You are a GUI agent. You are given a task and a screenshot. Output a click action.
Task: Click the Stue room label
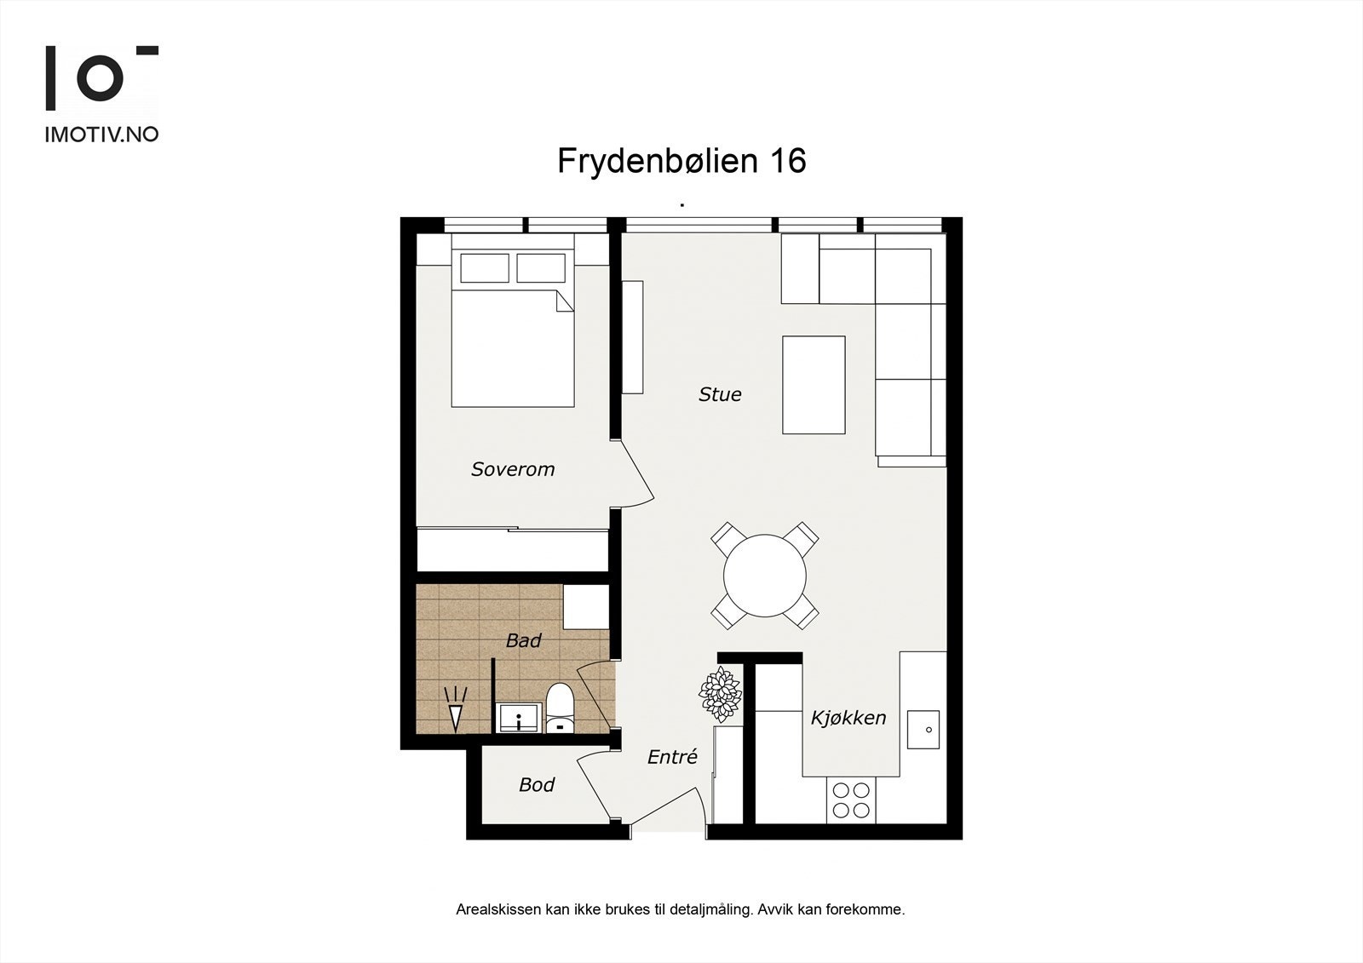pyautogui.click(x=720, y=394)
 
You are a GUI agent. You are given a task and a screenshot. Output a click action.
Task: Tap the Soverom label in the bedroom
pyautogui.click(x=513, y=469)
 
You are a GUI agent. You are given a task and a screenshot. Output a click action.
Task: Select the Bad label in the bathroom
pyautogui.click(x=523, y=640)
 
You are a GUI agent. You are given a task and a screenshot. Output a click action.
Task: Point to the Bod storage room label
pyautogui.click(x=537, y=784)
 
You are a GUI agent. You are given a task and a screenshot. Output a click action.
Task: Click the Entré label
pyautogui.click(x=672, y=757)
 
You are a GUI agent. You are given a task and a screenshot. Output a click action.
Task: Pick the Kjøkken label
pyautogui.click(x=848, y=718)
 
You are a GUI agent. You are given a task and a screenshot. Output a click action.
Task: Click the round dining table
pyautogui.click(x=765, y=575)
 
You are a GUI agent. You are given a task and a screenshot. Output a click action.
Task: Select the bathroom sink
pyautogui.click(x=518, y=718)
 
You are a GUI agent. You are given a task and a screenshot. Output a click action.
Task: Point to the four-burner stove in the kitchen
pyautogui.click(x=850, y=800)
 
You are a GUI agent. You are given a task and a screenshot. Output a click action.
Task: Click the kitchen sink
pyautogui.click(x=923, y=730)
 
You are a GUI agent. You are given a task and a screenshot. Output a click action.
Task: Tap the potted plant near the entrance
pyautogui.click(x=721, y=694)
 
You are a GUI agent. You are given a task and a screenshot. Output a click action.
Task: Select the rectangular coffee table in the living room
pyautogui.click(x=814, y=385)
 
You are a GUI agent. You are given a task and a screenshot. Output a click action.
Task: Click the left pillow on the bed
pyautogui.click(x=484, y=267)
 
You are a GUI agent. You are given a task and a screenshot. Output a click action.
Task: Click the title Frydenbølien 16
pyautogui.click(x=681, y=161)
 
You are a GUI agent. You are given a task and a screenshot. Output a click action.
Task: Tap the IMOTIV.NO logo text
pyautogui.click(x=101, y=134)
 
